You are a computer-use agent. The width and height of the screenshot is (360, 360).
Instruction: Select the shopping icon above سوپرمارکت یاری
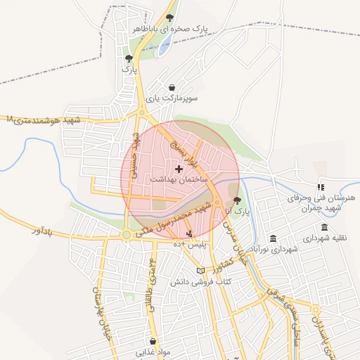point(173,87)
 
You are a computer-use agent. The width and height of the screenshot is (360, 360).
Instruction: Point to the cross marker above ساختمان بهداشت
point(179,169)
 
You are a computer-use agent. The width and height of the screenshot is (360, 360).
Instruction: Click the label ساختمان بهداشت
point(178,180)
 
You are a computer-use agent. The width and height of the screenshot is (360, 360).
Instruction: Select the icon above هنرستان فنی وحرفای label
point(321,187)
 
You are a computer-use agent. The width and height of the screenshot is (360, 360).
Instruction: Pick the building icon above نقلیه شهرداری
point(324,227)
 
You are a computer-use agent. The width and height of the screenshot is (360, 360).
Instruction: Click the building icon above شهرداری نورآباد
point(273,238)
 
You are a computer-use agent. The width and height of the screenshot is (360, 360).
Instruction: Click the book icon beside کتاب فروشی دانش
point(200,271)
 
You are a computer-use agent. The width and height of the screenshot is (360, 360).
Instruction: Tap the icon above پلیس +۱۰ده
point(188,233)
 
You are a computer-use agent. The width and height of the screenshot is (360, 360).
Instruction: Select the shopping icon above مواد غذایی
point(153,341)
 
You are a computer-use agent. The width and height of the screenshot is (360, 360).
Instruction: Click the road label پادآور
point(43,230)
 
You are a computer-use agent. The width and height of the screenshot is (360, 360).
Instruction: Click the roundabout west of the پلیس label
point(126,235)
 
